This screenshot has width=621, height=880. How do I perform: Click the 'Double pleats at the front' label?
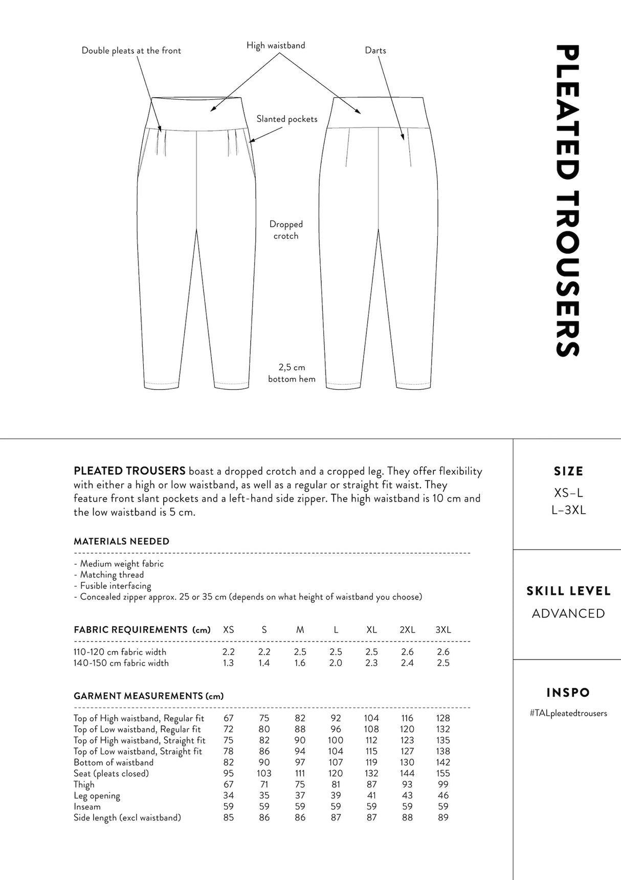131,51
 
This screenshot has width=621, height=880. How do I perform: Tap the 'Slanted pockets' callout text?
286,119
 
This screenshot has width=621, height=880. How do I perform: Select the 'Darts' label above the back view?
375,50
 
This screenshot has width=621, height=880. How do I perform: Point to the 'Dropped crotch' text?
286,230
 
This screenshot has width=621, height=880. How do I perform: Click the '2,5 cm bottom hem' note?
292,373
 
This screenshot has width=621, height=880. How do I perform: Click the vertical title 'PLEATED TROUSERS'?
567,201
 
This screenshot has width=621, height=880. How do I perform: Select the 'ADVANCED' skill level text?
568,613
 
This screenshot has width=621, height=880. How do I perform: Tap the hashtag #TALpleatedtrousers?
568,713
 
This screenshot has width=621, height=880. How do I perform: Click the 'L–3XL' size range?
568,510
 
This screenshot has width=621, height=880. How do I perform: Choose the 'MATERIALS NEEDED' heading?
121,541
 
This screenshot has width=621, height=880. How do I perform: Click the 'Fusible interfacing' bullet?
115,586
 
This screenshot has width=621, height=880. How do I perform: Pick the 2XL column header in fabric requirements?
407,630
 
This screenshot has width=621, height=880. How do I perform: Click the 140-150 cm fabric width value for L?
336,663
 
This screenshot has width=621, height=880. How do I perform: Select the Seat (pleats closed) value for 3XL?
443,774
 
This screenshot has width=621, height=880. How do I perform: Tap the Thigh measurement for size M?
300,785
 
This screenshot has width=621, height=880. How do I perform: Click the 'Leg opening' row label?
97,796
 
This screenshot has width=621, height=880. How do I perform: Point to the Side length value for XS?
228,818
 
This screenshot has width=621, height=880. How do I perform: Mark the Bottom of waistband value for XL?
371,762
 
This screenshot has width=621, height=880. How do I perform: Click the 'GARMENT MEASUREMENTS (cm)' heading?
148,696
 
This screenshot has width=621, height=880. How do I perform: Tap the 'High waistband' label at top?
275,46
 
